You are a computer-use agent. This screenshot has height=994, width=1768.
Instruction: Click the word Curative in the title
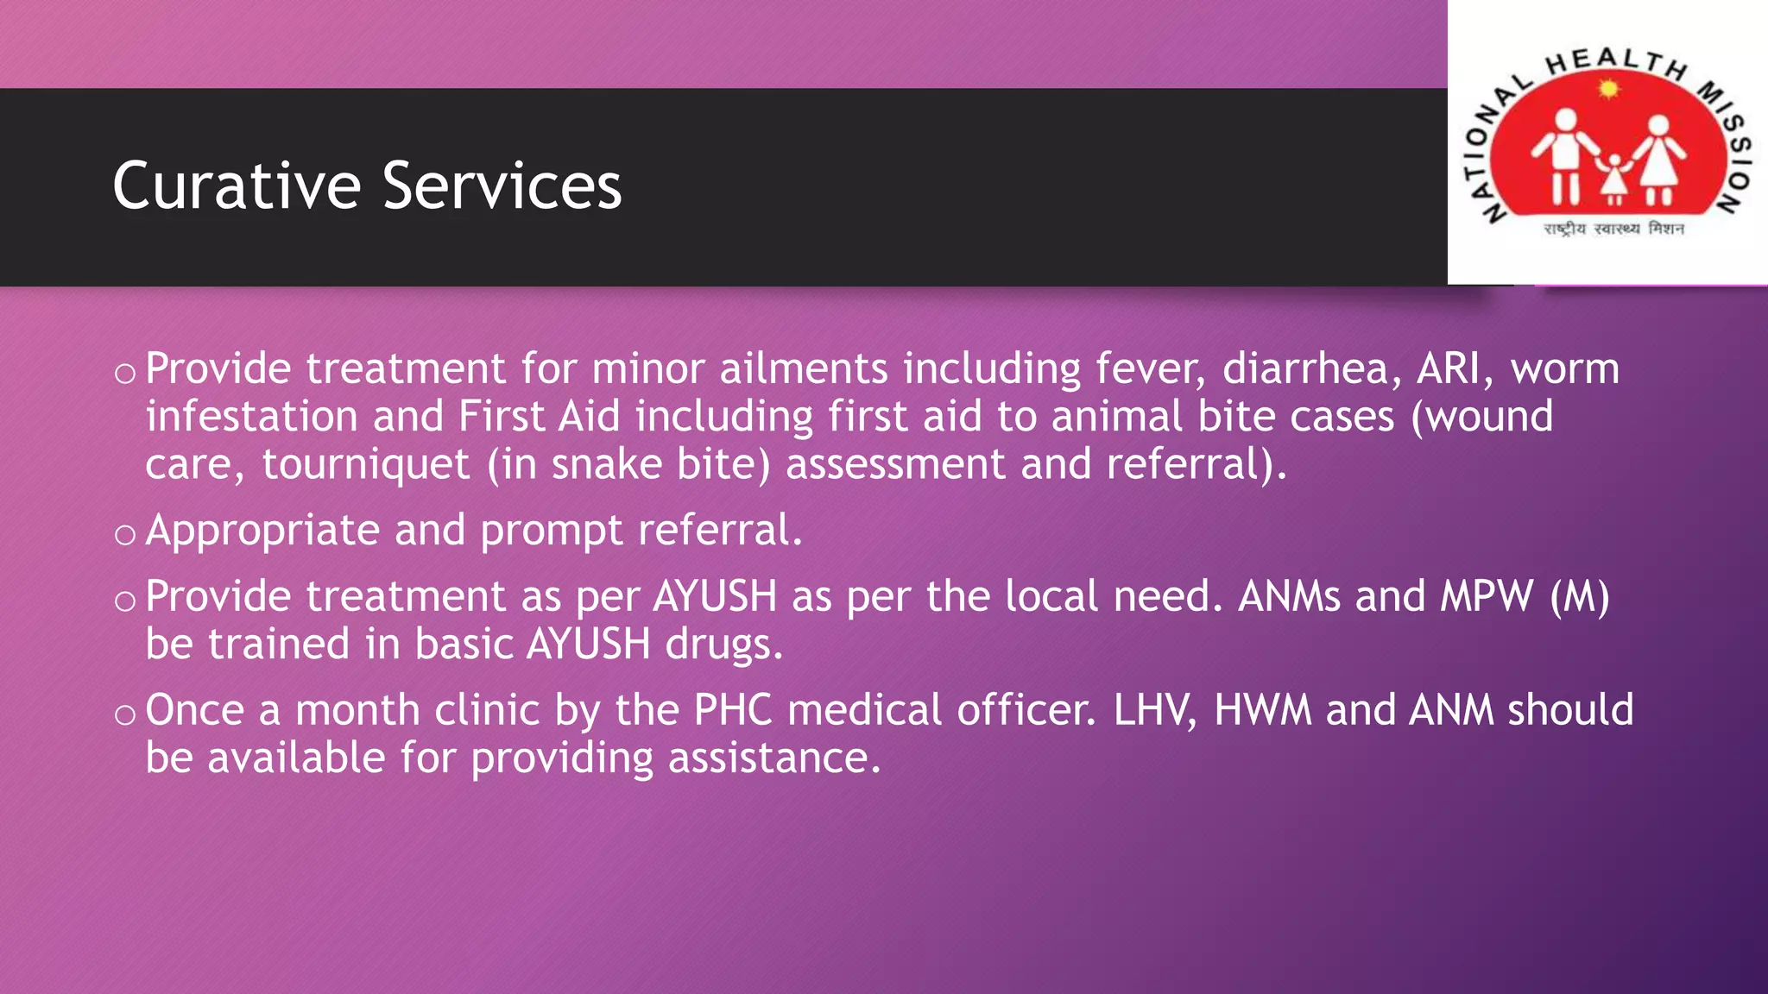click(x=236, y=186)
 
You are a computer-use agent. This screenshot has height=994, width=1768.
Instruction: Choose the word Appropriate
click(x=262, y=531)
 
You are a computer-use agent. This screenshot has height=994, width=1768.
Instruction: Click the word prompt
click(x=551, y=532)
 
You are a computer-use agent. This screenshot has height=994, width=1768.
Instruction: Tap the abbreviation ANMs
click(x=1289, y=596)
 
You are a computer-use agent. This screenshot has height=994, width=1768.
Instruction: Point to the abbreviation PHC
click(x=733, y=710)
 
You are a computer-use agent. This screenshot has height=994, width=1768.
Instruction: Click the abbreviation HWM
click(x=1262, y=710)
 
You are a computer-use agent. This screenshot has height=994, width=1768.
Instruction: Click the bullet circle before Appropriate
click(x=125, y=535)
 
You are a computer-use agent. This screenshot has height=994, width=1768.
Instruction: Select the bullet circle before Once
click(x=125, y=714)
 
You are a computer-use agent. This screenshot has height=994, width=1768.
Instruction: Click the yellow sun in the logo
click(x=1607, y=88)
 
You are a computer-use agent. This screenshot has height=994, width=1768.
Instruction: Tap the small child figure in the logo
click(x=1613, y=179)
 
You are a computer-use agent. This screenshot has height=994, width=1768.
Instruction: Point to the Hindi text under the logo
click(x=1613, y=229)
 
